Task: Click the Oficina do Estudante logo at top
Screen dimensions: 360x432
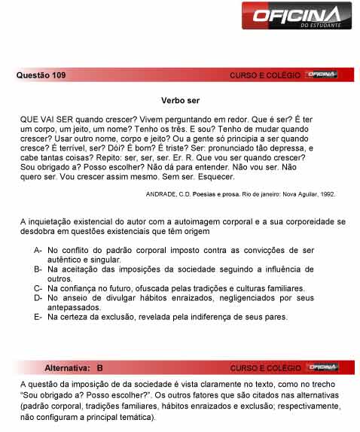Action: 301,16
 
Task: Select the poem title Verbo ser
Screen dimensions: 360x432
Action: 179,100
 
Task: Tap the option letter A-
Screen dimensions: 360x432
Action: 38,249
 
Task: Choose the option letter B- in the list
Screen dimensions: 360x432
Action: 38,269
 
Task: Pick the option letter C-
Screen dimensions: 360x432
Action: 38,288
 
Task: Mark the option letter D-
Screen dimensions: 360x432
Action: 38,298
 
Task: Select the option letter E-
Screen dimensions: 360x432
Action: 38,317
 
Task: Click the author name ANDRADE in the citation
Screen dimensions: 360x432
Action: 165,193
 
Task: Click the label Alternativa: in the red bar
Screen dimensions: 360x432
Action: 68,368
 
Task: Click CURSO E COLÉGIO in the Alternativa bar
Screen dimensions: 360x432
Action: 265,368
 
